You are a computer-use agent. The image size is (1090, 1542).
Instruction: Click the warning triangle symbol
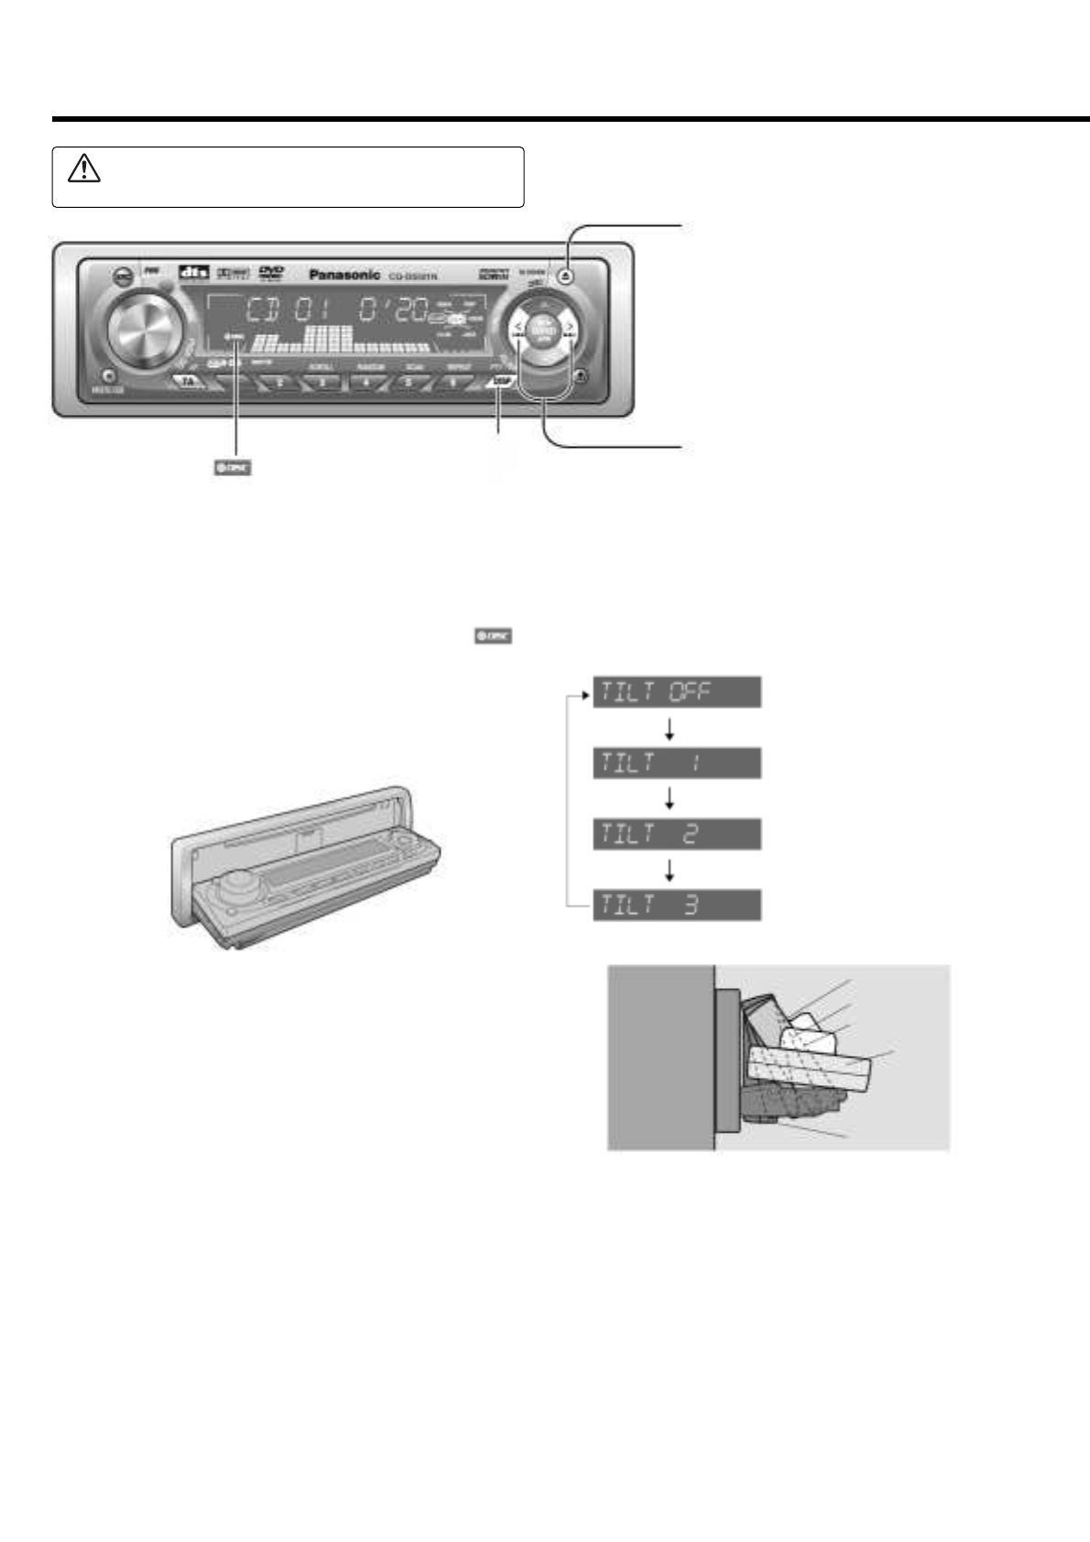pos(83,169)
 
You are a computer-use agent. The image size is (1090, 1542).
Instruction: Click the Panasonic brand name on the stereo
pos(344,274)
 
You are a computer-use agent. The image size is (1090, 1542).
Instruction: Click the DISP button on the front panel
pos(502,381)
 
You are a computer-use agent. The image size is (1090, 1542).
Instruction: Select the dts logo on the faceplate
pos(193,272)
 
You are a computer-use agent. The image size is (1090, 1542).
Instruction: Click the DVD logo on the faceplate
pos(271,272)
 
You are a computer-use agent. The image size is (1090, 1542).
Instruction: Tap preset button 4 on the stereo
pos(365,381)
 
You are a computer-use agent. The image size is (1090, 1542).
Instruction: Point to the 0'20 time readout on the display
pos(393,309)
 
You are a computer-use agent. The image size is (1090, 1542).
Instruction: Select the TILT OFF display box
pos(677,691)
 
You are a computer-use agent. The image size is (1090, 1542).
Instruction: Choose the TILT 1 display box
pos(677,763)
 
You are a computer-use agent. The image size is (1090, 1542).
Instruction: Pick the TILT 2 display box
pos(677,834)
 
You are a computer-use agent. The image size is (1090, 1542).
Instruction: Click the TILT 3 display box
pos(677,906)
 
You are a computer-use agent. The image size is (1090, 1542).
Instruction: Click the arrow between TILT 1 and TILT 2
pos(670,798)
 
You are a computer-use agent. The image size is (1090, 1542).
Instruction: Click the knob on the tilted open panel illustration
pos(236,881)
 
